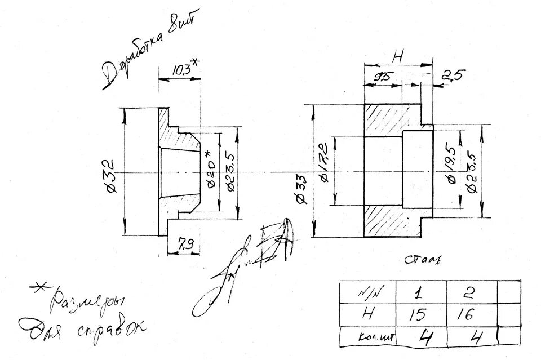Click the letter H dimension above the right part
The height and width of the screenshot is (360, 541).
click(398, 57)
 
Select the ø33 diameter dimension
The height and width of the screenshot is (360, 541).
click(300, 189)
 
